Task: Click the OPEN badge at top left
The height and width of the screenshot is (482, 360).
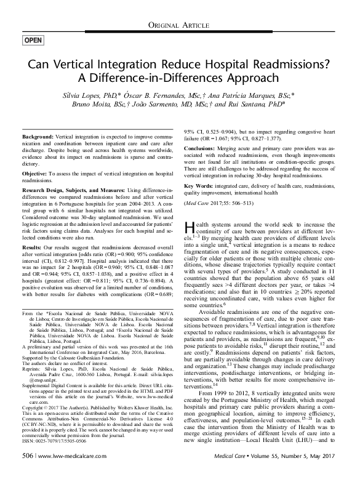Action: pyautogui.click(x=33, y=41)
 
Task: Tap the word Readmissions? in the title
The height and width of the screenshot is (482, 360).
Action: pyautogui.click(x=289, y=66)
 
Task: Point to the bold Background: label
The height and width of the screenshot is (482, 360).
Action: pyautogui.click(x=38, y=135)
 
